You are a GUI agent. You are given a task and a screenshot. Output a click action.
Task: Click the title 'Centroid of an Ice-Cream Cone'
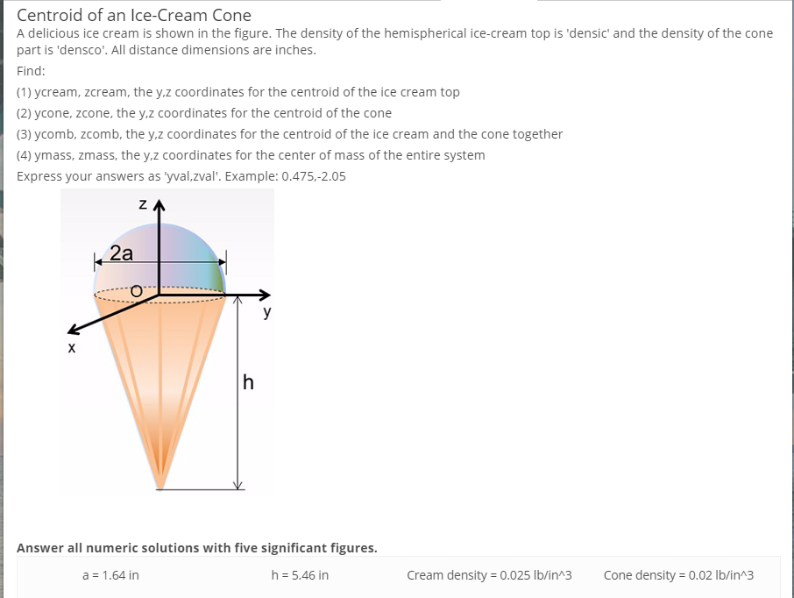[x=134, y=15]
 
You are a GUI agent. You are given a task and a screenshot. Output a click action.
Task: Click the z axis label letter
[x=141, y=206]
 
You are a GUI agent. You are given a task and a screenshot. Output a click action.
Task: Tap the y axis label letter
[x=266, y=312]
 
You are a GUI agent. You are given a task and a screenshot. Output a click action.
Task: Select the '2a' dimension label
[x=122, y=254]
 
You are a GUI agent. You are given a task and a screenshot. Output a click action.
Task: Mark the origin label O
[x=136, y=290]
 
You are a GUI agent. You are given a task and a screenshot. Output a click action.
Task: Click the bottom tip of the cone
[x=160, y=488]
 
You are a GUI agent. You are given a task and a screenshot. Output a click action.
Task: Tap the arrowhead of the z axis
[x=159, y=207]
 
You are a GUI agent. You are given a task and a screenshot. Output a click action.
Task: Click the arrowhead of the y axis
[x=265, y=295]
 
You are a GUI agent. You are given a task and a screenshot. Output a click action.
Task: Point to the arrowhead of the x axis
[x=73, y=331]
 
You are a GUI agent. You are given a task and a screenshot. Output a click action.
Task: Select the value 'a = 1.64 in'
[x=110, y=575]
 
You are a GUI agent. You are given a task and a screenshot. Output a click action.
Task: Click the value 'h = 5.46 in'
[x=301, y=575]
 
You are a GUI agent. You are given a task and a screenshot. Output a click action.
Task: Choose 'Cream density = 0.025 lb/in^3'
[x=489, y=575]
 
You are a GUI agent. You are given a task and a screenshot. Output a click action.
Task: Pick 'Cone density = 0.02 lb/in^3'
[x=678, y=575]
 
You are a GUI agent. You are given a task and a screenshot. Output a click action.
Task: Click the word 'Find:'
[x=32, y=70]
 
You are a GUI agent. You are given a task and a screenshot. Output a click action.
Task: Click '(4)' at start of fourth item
[x=25, y=155]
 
